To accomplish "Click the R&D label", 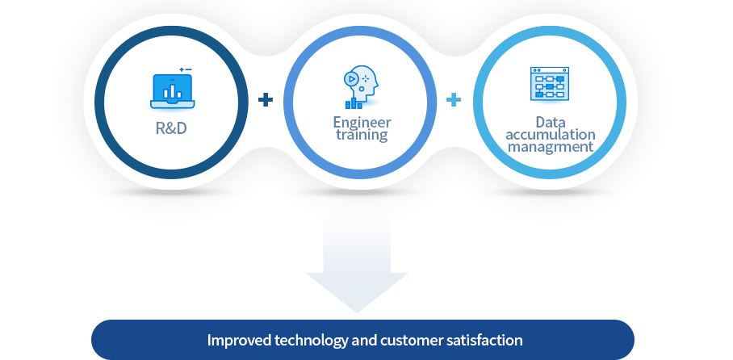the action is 171,128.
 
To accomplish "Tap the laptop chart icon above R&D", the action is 173,89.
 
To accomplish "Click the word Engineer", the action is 362,123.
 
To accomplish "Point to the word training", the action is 362,135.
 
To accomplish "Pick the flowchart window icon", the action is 550,84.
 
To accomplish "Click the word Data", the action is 551,122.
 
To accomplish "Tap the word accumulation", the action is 551,134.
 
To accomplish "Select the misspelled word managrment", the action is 551,147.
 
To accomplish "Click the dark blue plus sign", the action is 266,99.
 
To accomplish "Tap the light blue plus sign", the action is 454,99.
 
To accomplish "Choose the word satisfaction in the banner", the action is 484,340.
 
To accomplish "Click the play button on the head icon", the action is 350,79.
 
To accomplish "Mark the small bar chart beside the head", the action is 354,103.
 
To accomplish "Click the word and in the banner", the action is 365,340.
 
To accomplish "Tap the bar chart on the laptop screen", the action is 173,92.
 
